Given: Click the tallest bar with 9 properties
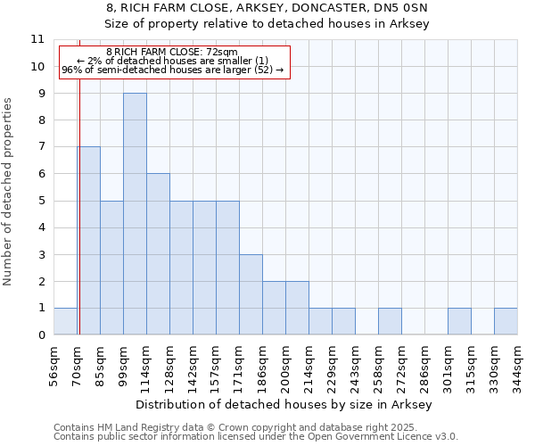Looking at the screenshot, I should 135,214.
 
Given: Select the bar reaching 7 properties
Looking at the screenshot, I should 88,241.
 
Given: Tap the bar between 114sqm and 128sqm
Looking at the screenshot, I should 158,254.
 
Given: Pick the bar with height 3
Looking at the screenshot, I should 251,294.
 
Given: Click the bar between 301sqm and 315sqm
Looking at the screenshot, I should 459,321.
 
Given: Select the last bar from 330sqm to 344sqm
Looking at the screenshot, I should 506,321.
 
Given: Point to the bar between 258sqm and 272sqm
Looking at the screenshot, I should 390,321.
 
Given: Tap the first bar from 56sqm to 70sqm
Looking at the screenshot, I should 65,321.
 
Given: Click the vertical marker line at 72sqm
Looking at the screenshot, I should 79,178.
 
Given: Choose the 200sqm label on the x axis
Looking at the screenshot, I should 286,361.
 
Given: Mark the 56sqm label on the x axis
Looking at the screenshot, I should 54,361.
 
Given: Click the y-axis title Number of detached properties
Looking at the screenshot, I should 8,192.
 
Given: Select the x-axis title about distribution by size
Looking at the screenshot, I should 285,404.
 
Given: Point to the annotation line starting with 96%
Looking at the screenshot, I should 172,70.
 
